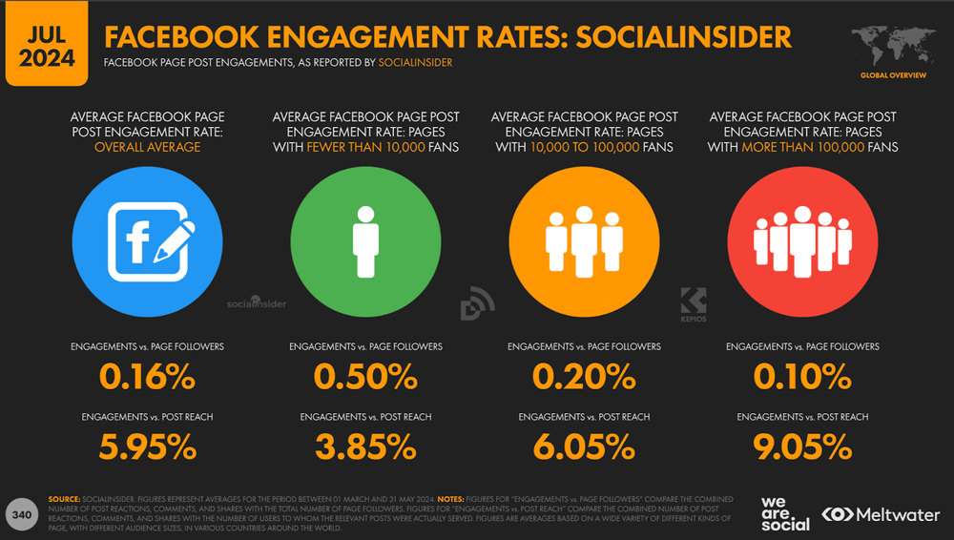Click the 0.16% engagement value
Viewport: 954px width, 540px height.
point(147,377)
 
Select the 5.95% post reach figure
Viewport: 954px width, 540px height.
point(147,446)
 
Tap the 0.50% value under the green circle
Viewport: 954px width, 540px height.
point(365,377)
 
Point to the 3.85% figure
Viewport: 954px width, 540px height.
point(365,446)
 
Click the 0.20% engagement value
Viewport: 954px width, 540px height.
point(584,377)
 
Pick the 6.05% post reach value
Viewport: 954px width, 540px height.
point(584,446)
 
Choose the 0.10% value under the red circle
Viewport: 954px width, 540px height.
point(802,377)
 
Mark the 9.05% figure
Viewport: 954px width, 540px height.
point(802,446)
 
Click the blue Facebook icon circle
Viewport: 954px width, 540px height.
point(148,236)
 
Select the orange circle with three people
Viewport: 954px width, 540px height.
point(585,236)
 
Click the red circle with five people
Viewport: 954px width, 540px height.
point(803,236)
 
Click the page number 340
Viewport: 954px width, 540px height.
point(22,514)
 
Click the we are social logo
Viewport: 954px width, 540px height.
point(785,512)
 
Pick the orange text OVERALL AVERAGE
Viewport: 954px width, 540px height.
point(147,148)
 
